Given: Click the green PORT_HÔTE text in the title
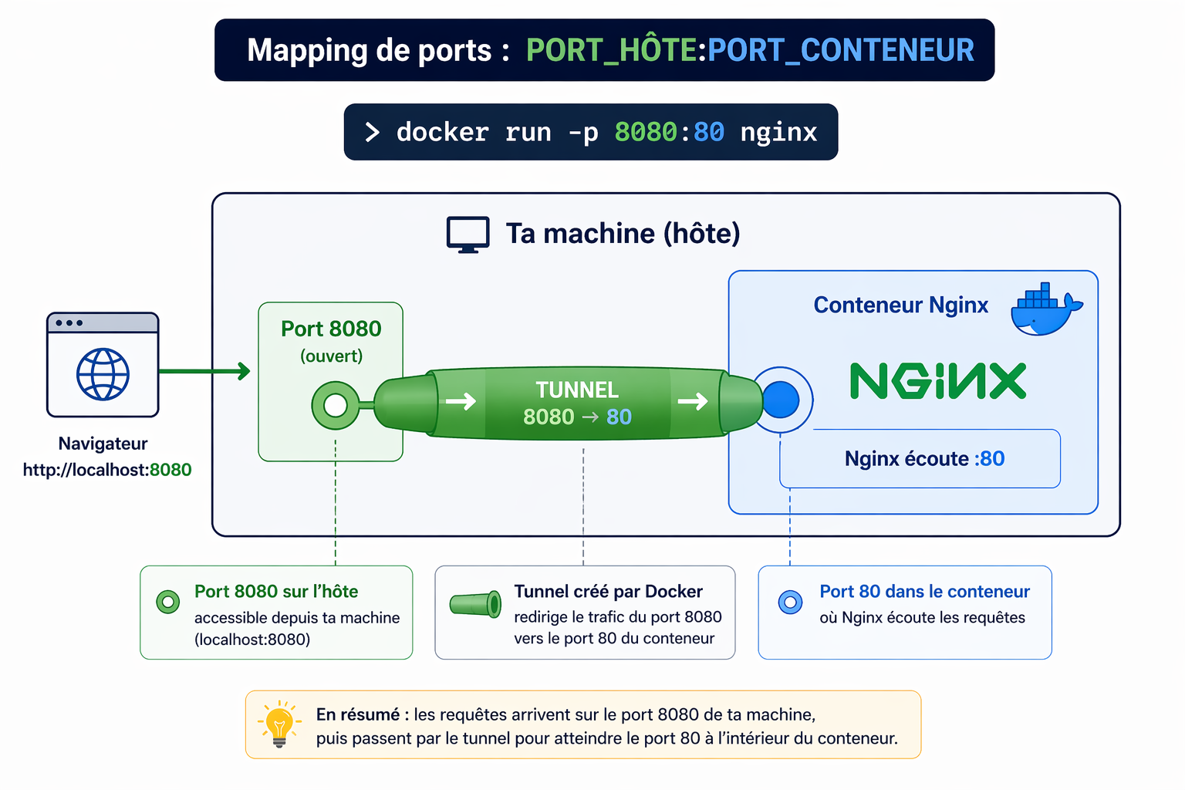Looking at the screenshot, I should point(611,50).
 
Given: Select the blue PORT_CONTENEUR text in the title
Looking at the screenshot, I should point(841,50).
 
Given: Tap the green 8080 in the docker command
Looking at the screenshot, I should point(646,133).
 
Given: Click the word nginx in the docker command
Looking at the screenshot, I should point(778,133).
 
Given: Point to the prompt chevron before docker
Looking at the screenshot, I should point(373,133).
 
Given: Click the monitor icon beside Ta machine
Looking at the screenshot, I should point(468,235).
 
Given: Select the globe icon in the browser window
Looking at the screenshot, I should point(103,374).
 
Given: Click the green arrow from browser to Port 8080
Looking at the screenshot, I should point(204,371).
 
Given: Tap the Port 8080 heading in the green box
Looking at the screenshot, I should point(331,329).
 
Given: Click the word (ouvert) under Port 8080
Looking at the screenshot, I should point(331,356).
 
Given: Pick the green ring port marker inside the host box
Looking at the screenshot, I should point(336,405).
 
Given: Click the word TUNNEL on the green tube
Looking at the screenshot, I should point(577,390).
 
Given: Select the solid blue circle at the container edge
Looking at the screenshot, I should point(781,400).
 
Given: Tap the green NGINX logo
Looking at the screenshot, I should point(938,381).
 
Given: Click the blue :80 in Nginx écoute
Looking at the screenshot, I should point(990,459).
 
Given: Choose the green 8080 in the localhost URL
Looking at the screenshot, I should point(170,470).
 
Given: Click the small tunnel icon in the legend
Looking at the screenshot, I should point(475,604).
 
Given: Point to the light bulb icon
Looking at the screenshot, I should point(279,724).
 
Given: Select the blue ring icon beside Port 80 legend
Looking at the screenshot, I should point(790,602).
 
